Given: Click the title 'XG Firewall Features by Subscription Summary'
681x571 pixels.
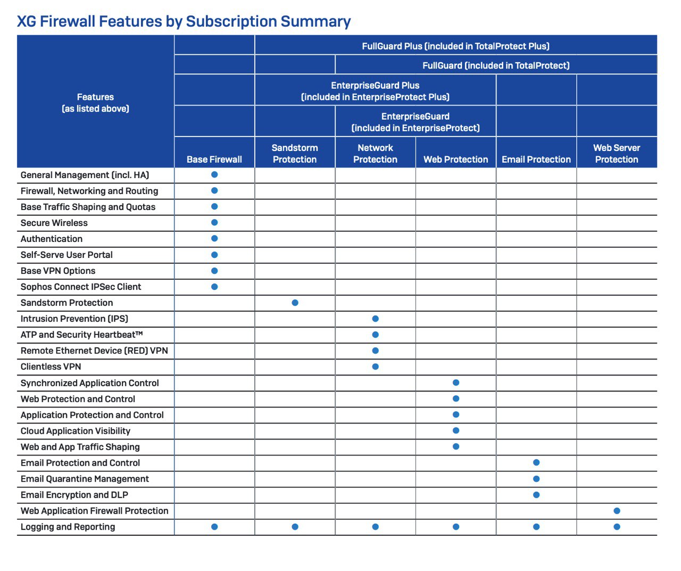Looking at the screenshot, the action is [184, 21].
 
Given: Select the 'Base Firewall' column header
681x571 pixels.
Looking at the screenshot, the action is [214, 159].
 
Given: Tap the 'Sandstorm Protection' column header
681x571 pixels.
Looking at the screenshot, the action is [295, 154].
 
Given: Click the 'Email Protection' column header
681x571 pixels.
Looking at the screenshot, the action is [536, 159].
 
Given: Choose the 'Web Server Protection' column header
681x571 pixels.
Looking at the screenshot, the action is [617, 154].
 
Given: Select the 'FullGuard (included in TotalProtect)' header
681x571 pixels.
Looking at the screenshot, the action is [496, 65].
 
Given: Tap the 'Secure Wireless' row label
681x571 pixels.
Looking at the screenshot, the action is [54, 223].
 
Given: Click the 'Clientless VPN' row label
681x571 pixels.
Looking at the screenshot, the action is [51, 367].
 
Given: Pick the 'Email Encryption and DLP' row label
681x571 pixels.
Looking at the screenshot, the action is [74, 495].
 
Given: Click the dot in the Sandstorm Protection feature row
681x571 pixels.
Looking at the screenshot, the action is [295, 303].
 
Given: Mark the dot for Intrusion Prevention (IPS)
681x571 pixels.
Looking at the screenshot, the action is [376, 319].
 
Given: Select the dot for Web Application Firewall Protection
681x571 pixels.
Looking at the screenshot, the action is [617, 511].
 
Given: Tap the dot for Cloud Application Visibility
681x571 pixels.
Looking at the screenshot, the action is [456, 431].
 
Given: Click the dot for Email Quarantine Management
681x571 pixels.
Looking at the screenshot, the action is [536, 479].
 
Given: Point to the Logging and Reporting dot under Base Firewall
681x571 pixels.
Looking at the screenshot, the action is [214, 527].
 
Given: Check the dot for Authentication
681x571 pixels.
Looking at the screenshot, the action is [214, 239].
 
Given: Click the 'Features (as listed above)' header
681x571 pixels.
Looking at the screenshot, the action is [96, 103].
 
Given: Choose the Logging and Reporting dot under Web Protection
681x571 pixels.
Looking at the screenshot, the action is [456, 527].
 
